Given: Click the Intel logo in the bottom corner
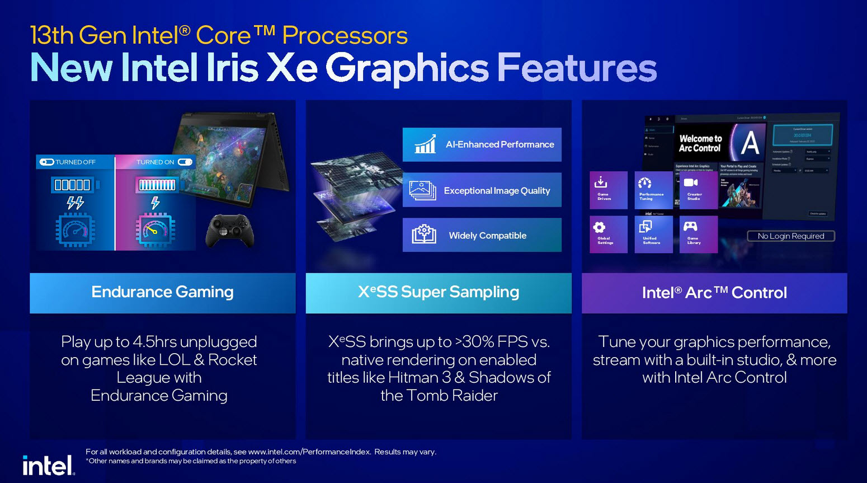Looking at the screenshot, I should [48, 465].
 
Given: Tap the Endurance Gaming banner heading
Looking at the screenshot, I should [162, 292].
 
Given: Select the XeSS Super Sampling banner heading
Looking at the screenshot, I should [439, 292].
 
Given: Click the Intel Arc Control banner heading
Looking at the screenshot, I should [714, 293].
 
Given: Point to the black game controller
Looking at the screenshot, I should [230, 229].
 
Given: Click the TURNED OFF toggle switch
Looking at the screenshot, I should [47, 162].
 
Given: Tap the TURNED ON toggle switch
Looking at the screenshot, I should [185, 162].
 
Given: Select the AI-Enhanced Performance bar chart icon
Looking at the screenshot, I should [425, 144].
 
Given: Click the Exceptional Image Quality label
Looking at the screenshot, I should [497, 191].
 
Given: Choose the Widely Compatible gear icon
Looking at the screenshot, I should [424, 234].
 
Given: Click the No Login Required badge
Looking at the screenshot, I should [791, 236].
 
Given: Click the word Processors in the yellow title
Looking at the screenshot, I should [345, 36].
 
